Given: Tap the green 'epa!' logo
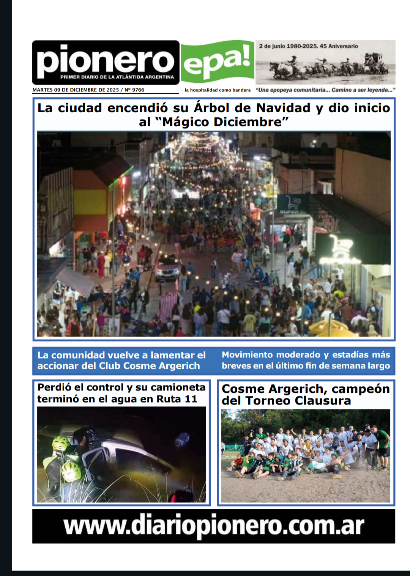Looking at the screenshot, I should tap(218, 61).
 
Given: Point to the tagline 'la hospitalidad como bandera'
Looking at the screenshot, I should tap(218, 90).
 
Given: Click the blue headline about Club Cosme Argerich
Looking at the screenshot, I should tap(121, 360).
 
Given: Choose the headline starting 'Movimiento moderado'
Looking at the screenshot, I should tap(306, 360).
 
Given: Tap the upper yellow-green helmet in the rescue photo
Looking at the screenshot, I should tap(61, 443).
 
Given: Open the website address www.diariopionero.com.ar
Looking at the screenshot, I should tap(214, 526).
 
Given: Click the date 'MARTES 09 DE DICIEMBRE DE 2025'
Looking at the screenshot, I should tap(76, 90).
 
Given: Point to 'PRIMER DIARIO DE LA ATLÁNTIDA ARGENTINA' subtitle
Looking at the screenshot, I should tap(117, 77).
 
